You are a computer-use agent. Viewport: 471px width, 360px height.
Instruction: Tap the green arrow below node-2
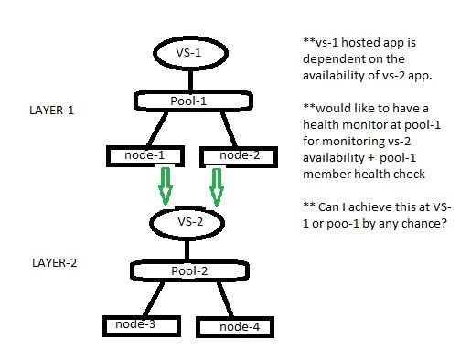(x=217, y=187)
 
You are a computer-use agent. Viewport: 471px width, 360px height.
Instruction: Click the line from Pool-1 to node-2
(x=217, y=127)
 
